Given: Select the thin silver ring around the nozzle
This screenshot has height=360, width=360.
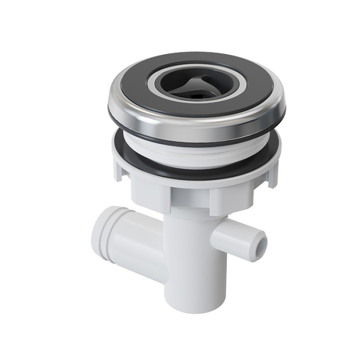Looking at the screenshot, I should click(152, 85).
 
